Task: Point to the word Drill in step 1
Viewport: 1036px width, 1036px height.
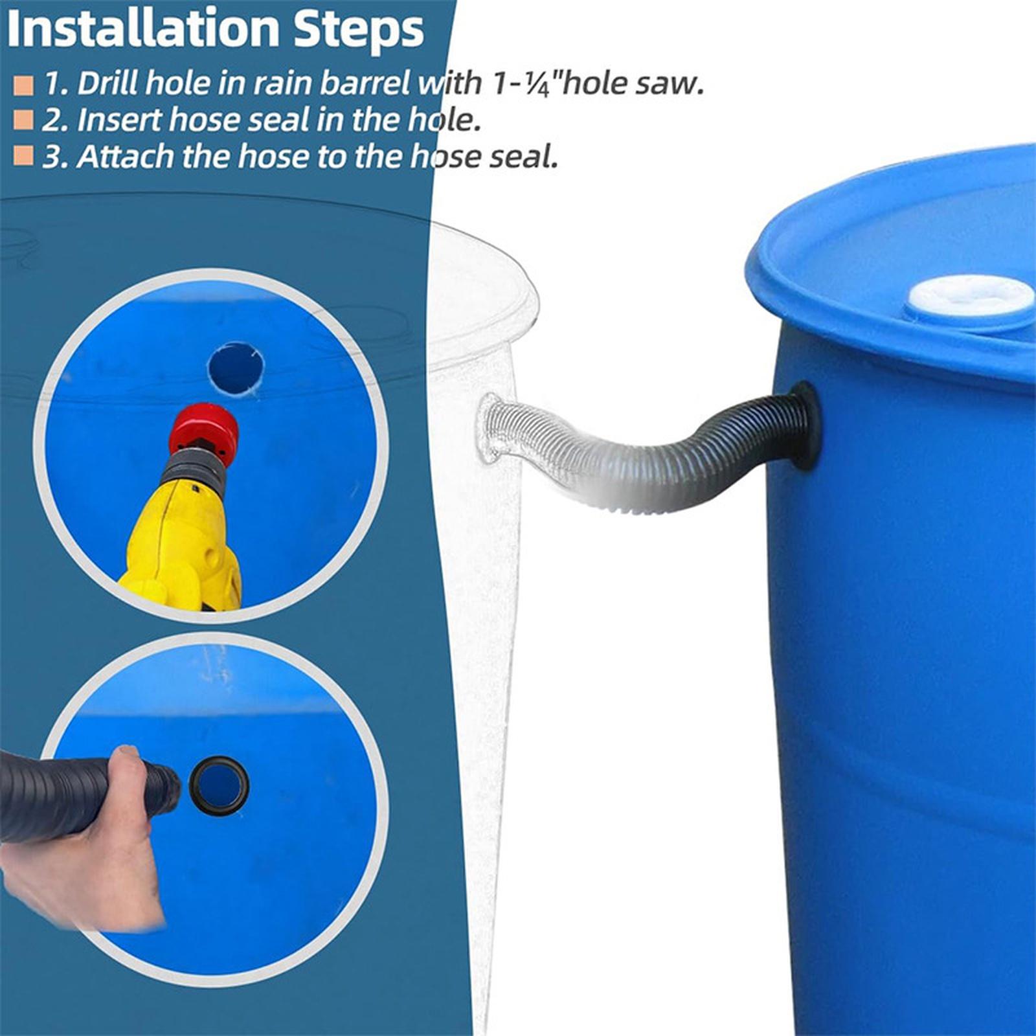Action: [107, 84]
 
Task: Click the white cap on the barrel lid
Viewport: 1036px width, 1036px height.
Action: [970, 297]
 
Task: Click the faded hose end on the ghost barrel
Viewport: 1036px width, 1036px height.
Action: [492, 427]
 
